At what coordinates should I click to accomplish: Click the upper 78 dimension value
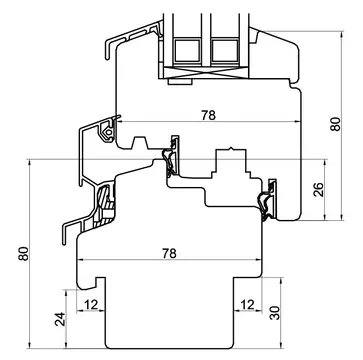point(208,115)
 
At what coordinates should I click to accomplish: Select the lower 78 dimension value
point(169,254)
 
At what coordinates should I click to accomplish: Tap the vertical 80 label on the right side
point(336,124)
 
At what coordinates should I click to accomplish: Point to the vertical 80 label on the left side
point(23,254)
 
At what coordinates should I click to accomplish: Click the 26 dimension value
point(319,190)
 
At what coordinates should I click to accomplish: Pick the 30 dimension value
point(275,313)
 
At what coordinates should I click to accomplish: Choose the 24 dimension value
point(59,319)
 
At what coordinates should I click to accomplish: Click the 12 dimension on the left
point(91,305)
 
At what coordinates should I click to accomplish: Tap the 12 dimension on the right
point(247,305)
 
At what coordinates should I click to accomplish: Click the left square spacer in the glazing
point(187,50)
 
